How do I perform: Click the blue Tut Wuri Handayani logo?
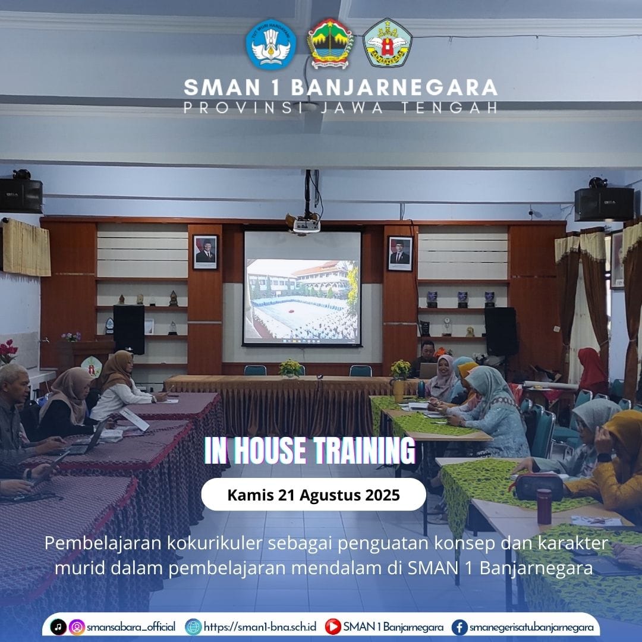pos(270,44)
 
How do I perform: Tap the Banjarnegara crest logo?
pos(388,43)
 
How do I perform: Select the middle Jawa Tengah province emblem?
pos(330,43)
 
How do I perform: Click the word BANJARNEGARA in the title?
pos(394,87)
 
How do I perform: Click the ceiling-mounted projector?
pos(306,223)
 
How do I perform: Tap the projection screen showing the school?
pos(302,288)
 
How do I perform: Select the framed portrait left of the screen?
pos(205,252)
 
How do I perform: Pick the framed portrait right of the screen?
pos(400,253)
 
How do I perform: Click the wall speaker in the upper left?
pos(21,196)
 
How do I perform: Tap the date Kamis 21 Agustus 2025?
pos(314,495)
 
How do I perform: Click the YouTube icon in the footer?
pos(333,627)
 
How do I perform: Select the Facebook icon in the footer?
pos(460,627)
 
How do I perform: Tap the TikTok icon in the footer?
pos(58,627)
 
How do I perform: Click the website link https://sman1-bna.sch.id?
pos(260,627)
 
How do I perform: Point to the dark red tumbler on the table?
pos(544,506)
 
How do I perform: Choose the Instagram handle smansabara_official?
pos(131,627)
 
